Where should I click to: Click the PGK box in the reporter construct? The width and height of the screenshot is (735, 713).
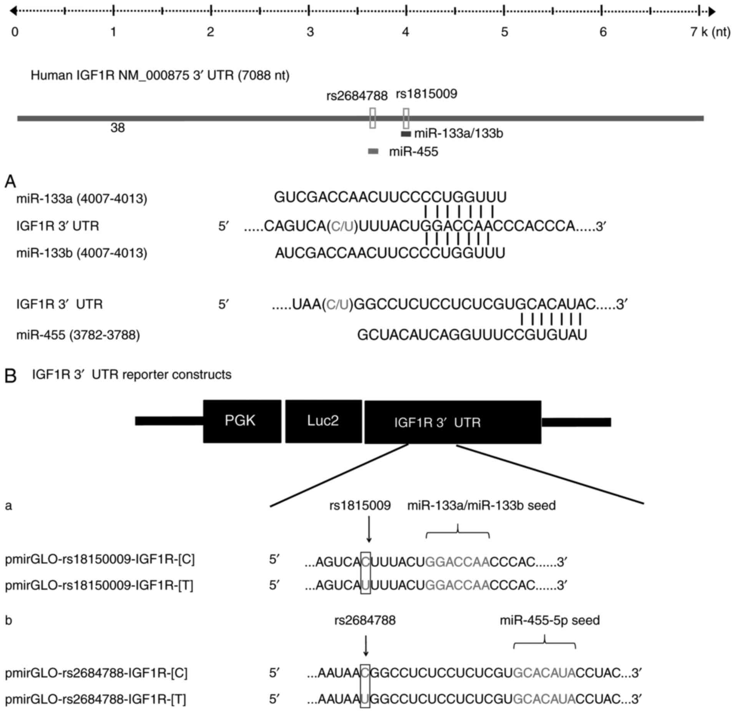tap(242, 421)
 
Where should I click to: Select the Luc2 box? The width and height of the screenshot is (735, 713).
tap(323, 421)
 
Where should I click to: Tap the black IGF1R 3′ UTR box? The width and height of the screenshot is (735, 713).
tap(453, 422)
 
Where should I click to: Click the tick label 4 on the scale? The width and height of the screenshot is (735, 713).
tap(406, 32)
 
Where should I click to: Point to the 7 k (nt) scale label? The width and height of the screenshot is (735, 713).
tap(710, 32)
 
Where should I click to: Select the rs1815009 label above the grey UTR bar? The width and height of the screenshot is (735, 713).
tap(426, 94)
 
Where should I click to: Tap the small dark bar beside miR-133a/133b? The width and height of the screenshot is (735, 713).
tap(406, 134)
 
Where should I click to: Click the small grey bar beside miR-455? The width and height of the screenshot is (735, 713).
tap(373, 152)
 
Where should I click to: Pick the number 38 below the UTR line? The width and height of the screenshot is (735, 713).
tap(118, 128)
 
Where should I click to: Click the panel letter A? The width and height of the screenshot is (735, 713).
tap(10, 182)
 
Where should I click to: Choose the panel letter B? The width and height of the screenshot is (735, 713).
tap(10, 376)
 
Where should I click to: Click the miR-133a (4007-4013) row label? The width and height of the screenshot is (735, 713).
tap(81, 199)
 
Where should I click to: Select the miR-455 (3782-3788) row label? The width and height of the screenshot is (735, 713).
tap(78, 335)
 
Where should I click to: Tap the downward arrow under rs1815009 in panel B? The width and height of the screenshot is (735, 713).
tap(369, 529)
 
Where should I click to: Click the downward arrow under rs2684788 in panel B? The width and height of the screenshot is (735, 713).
tap(366, 645)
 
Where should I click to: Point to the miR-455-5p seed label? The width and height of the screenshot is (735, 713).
tap(549, 620)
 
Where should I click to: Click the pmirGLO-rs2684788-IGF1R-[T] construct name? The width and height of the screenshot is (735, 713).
tap(95, 699)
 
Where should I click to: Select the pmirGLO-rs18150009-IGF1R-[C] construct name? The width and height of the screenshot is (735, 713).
tap(100, 560)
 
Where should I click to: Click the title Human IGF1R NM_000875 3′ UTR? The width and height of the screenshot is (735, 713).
tap(160, 75)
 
